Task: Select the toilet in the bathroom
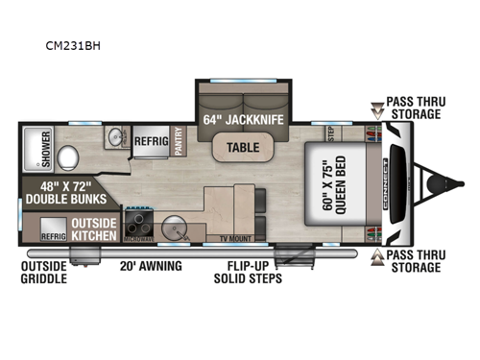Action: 68,156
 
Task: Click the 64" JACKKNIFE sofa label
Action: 241,121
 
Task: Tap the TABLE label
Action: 240,147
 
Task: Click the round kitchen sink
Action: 175,228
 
